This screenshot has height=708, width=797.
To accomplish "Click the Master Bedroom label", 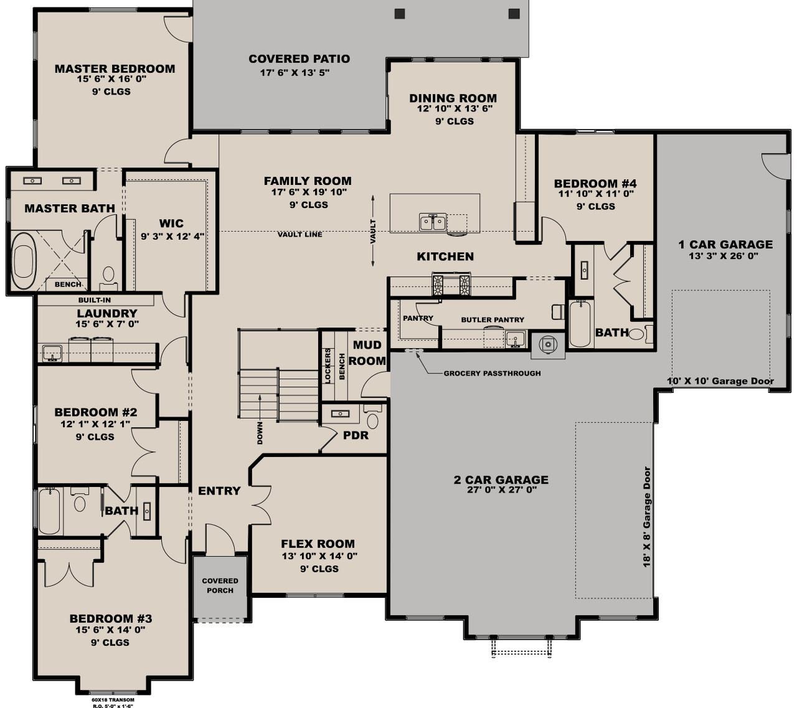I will point(115,68).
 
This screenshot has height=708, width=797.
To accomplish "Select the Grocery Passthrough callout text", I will point(492,374).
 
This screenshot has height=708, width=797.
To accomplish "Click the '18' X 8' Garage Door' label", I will point(648,516).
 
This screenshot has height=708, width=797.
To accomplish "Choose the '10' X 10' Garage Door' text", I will point(720,381).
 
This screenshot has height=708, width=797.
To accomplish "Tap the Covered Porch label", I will point(220,585).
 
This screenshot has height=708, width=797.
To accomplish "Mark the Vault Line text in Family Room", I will point(300,234).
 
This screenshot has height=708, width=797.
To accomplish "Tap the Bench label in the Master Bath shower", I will point(68,285).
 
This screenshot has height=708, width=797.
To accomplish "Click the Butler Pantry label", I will point(493,319).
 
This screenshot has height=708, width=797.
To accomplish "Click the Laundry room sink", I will point(52,352).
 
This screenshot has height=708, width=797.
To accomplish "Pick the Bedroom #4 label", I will point(595,184).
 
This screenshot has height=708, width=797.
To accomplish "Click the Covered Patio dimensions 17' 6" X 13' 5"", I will point(294,72).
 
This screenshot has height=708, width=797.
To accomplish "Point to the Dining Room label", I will point(453,98).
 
